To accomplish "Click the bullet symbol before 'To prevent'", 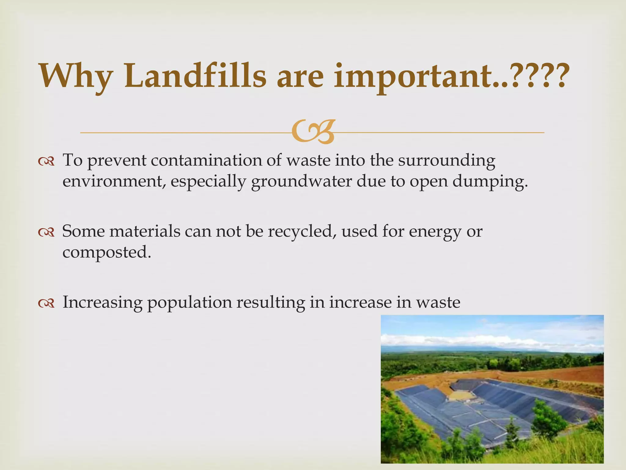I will click(x=46, y=161).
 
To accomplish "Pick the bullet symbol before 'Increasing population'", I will click(x=46, y=303).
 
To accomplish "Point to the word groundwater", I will click(x=301, y=181).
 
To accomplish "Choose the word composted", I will click(x=107, y=253).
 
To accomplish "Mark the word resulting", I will click(x=271, y=303).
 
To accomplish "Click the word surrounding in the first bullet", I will click(x=446, y=160).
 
